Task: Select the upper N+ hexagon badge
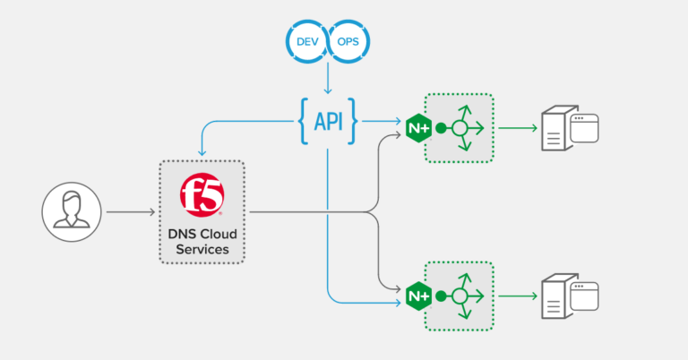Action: [x=418, y=127]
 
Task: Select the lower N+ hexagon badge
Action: [x=418, y=295]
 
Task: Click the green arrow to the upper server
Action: [x=518, y=128]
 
